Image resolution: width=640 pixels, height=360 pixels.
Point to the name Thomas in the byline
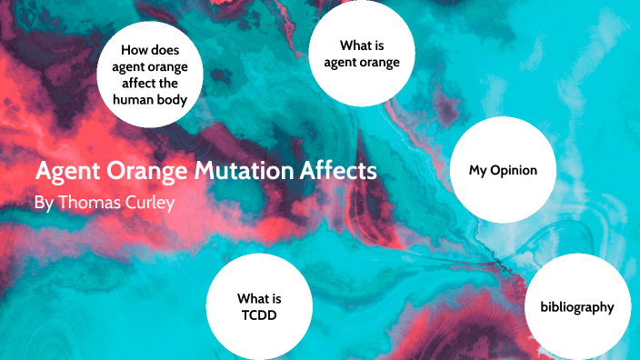(x=89, y=202)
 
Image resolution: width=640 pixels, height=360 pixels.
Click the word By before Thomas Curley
(x=43, y=202)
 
